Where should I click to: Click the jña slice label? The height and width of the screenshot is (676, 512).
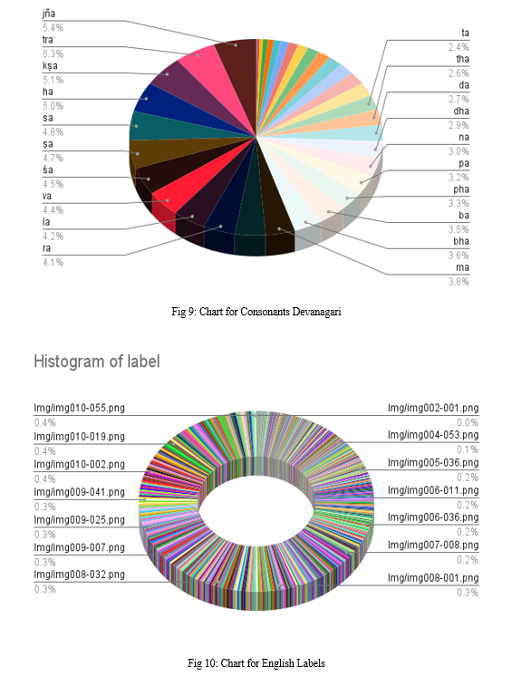(49, 14)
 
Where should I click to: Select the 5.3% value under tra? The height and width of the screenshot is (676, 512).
(53, 53)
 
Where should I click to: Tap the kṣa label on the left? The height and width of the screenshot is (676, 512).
(50, 66)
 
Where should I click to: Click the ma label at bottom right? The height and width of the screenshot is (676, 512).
(462, 267)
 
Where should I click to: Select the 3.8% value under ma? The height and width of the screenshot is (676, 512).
(459, 282)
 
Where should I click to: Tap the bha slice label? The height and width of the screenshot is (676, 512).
(460, 241)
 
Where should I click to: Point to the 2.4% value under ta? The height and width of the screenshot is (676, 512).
(459, 47)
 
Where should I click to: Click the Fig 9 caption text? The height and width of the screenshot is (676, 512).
(256, 312)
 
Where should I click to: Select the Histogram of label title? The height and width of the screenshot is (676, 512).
(97, 362)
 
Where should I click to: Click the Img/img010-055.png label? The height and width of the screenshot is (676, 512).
(80, 408)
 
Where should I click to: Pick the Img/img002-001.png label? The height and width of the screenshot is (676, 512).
(433, 408)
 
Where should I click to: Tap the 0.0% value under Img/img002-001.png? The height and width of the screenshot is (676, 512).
(468, 422)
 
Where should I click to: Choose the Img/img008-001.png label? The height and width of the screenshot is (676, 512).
(433, 578)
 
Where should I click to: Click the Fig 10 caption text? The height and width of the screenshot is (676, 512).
(256, 662)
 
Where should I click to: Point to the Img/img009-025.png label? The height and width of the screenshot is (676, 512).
(80, 519)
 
